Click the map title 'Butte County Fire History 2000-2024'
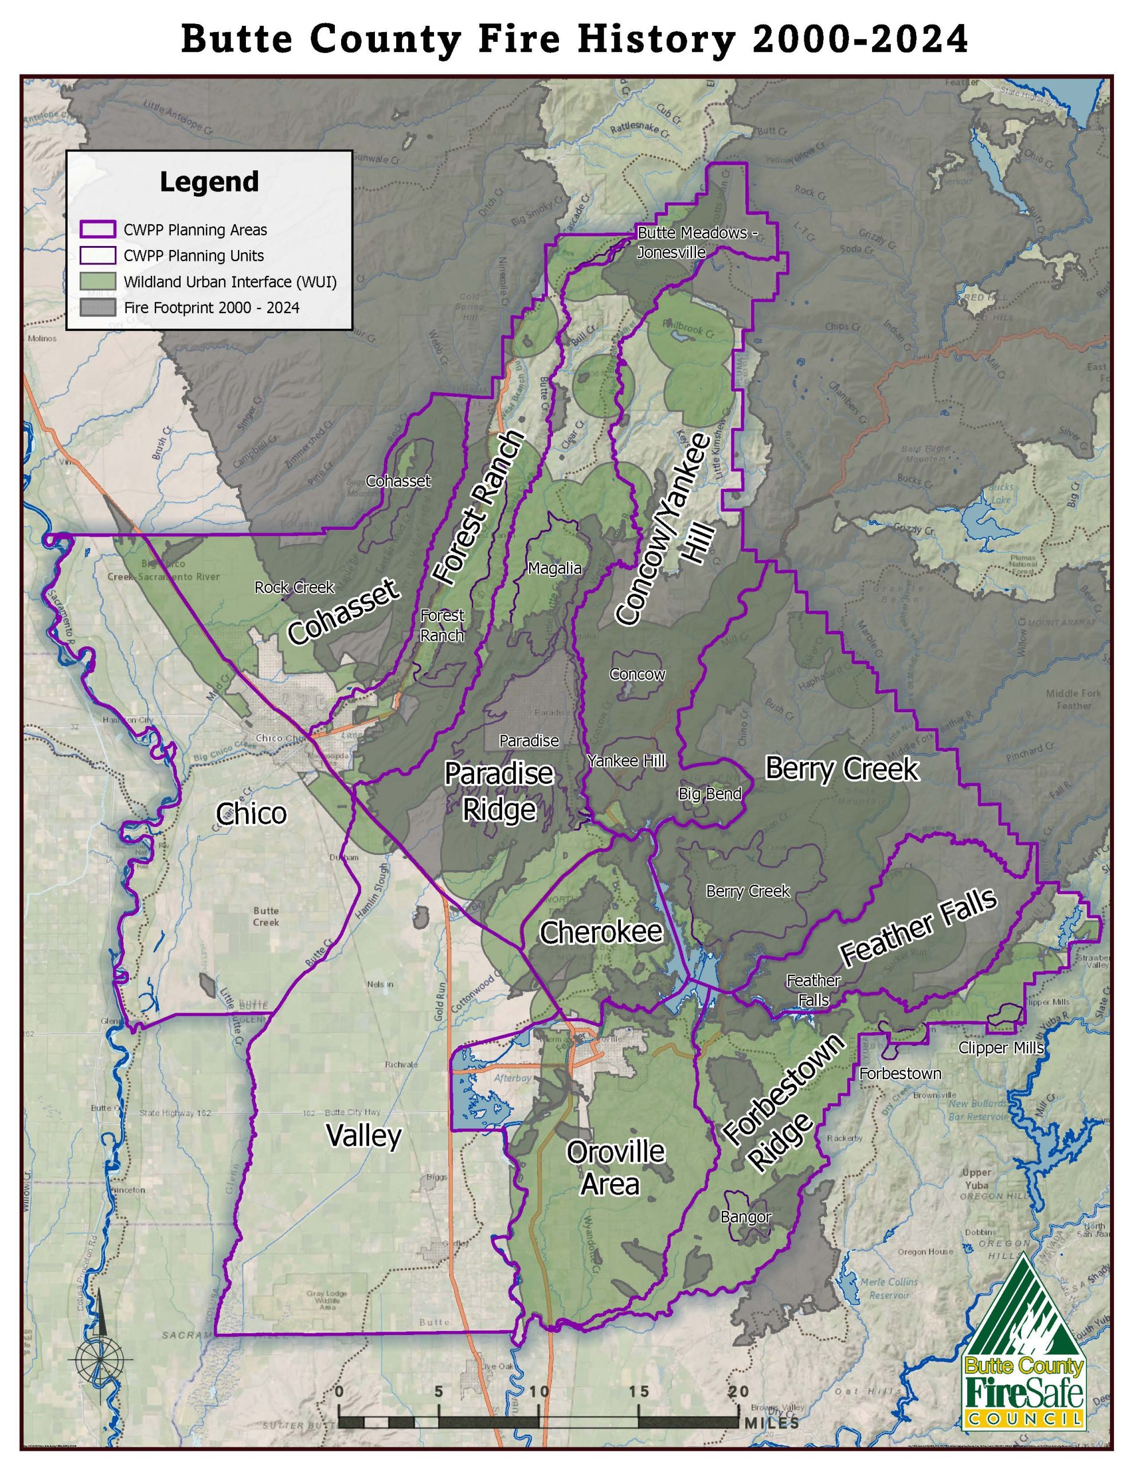coord(574,39)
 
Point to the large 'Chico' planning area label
coord(252,814)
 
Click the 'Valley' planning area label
coord(363,1135)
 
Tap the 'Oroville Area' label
coord(613,1168)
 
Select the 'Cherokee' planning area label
coord(601,932)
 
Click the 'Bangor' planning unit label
coord(746,1217)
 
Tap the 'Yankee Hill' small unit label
coord(627,761)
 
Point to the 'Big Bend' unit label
coord(710,794)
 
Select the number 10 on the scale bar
coord(538,1391)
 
